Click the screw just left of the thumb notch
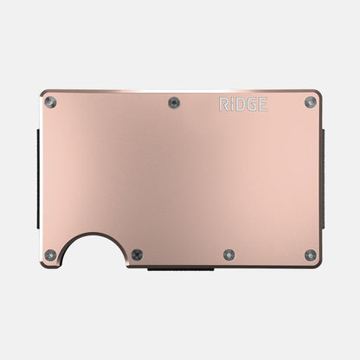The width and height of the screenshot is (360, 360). pos(52,255)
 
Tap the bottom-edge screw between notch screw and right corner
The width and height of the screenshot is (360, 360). pos(228,255)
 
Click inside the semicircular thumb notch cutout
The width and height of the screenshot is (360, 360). pos(92,253)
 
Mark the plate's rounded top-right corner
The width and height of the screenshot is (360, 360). pos(318,93)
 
